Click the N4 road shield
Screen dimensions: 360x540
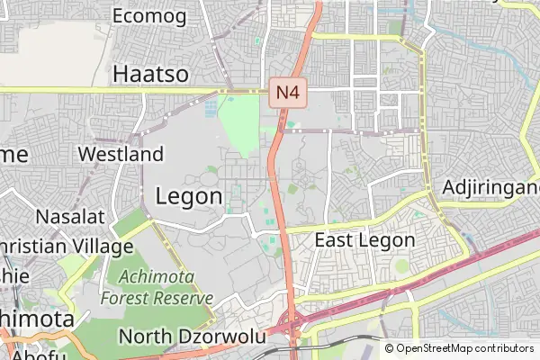click(x=286, y=91)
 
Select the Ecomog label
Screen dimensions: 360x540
click(x=149, y=16)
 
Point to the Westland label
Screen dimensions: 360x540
click(x=121, y=154)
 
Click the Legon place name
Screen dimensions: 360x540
click(x=189, y=195)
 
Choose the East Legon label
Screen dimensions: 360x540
click(x=364, y=240)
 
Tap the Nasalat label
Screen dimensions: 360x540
click(x=70, y=216)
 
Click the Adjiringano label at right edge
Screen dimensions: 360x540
click(x=491, y=188)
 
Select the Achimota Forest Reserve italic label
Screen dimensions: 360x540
click(x=157, y=287)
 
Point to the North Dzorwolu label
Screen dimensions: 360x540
click(x=193, y=337)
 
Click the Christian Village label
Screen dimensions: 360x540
click(x=67, y=246)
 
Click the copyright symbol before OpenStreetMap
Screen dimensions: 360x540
click(x=390, y=348)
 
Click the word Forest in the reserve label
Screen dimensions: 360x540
click(x=127, y=298)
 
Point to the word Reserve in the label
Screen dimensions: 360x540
click(x=184, y=298)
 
